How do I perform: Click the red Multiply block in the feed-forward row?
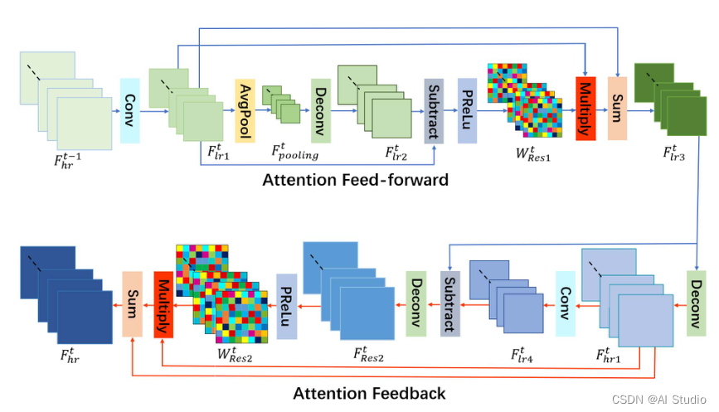[585, 109]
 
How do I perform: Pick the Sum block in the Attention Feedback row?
[132, 303]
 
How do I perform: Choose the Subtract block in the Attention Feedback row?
[449, 303]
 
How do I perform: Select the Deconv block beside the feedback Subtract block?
[415, 303]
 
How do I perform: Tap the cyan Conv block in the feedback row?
[565, 303]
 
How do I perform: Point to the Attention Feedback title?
[370, 393]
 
